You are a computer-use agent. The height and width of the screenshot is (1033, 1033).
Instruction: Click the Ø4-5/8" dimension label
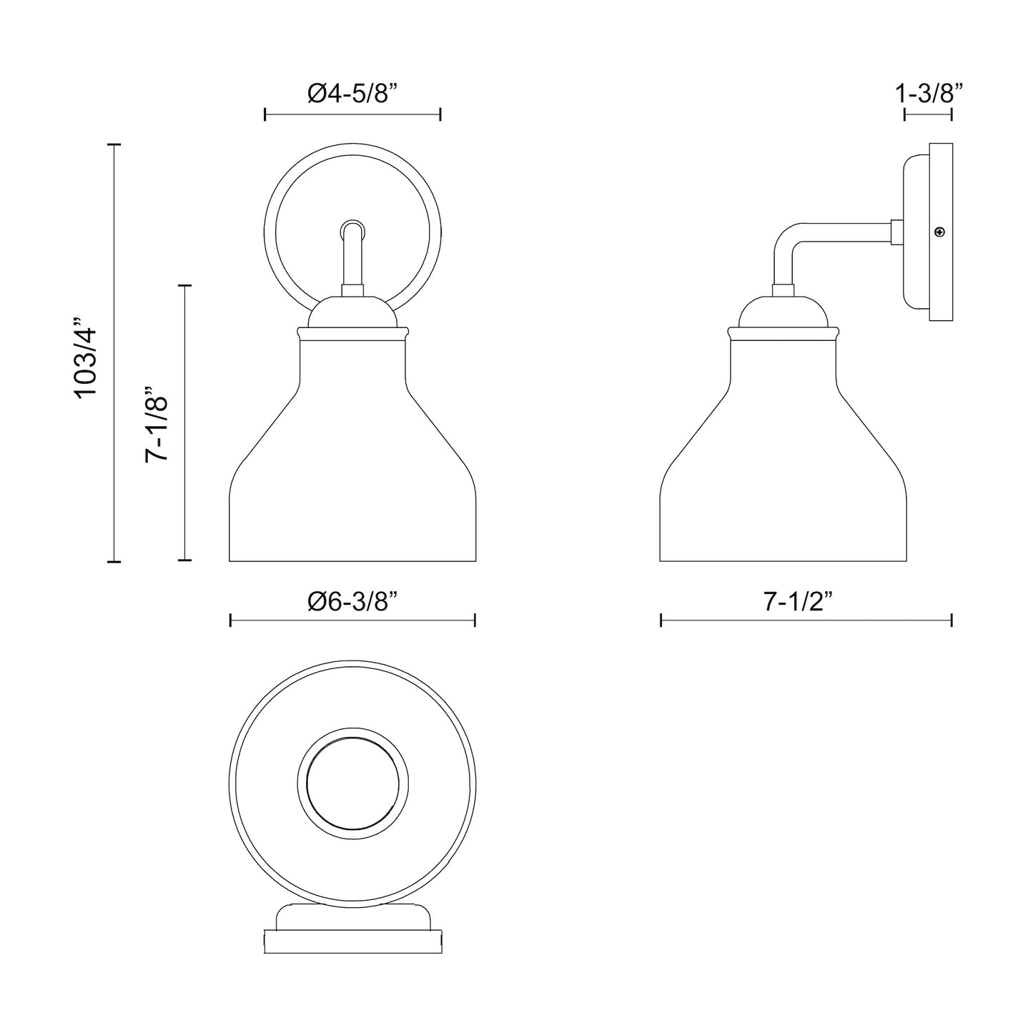point(352,94)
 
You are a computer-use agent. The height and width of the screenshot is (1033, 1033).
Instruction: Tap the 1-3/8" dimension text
point(928,94)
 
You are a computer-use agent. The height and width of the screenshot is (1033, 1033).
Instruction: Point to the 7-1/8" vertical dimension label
point(157,423)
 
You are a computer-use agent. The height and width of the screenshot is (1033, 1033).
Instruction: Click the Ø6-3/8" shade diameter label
point(352,601)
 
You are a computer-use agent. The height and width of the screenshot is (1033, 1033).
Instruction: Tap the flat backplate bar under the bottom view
point(352,941)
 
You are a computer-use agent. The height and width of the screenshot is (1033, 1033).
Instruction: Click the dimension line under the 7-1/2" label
point(806,621)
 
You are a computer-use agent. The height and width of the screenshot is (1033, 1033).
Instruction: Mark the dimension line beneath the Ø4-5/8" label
point(352,114)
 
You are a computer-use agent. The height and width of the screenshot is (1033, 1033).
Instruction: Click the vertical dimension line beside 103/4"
point(114,352)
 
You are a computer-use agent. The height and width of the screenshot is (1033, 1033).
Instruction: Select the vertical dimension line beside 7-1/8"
point(185,422)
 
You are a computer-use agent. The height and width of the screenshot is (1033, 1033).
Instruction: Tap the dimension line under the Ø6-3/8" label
point(352,621)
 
